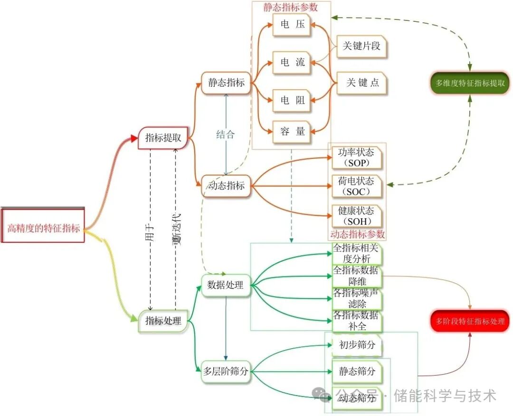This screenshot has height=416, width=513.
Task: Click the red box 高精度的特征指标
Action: point(43,228)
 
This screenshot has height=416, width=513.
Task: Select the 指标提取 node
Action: point(162,138)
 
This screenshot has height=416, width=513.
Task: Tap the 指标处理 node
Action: point(163,321)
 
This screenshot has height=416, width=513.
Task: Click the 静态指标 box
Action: point(226,83)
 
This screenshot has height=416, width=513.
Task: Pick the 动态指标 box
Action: point(226,185)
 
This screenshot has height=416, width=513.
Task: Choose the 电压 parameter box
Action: point(292,24)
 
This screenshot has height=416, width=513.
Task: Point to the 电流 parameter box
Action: point(292,62)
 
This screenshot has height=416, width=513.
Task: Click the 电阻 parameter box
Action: point(292,100)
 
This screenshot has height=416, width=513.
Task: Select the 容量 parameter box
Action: point(292,132)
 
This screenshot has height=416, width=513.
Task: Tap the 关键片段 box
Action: point(361,46)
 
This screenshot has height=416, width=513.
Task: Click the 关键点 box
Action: point(362,83)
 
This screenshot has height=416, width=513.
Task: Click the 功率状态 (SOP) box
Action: point(356,157)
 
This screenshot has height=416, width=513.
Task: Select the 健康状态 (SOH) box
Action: point(356,216)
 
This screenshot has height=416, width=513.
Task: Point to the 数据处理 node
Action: point(226,285)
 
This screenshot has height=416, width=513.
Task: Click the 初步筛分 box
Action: point(357,345)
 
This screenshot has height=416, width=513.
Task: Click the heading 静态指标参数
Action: point(291,7)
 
